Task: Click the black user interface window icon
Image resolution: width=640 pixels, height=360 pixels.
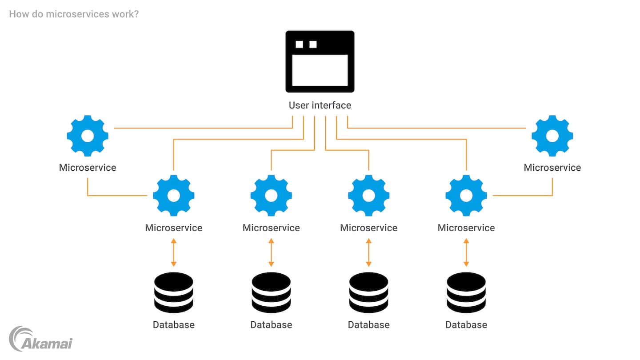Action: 320,61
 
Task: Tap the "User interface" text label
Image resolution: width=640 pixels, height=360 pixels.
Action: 320,105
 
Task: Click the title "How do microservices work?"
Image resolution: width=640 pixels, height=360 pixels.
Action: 74,14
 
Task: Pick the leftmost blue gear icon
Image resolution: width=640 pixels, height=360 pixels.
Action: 88,136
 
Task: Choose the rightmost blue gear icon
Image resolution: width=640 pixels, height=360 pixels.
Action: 552,136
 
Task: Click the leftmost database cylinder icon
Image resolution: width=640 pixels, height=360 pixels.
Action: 173,292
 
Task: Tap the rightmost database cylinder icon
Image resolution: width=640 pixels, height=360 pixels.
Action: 466,292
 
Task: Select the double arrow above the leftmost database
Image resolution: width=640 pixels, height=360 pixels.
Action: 173,252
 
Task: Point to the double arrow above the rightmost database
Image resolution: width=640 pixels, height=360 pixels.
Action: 466,252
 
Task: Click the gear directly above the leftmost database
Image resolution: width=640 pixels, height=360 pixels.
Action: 173,196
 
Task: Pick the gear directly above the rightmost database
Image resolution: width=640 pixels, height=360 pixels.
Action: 466,196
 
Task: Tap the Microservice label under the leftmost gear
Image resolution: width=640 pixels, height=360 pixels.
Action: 88,168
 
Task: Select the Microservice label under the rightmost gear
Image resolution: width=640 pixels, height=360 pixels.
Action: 552,168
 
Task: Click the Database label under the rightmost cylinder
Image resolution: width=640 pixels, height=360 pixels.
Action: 466,325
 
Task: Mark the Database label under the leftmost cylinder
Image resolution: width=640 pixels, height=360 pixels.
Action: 173,325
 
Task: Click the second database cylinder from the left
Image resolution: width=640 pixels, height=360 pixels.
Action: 271,292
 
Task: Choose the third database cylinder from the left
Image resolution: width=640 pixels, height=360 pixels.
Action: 368,292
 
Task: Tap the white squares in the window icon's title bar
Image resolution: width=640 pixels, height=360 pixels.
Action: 306,44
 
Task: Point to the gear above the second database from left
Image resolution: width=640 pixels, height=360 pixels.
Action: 271,196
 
